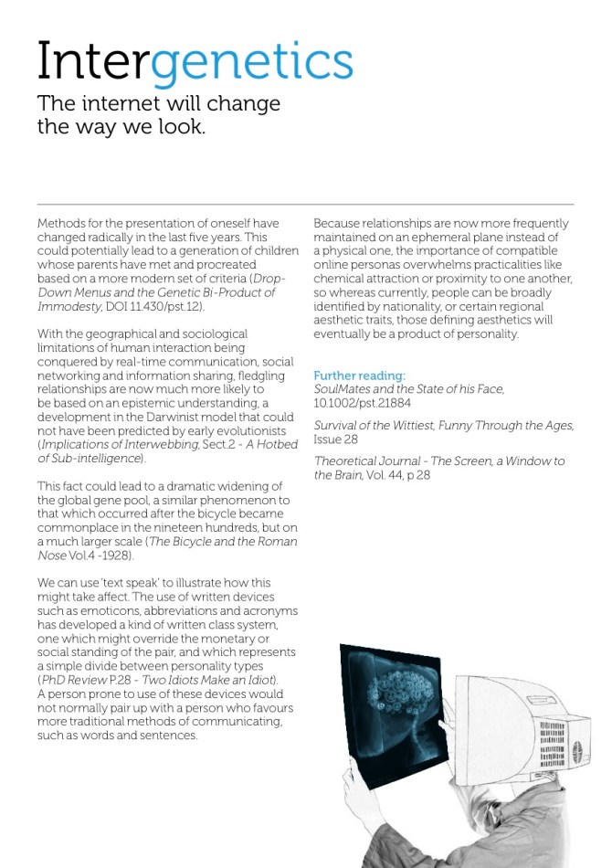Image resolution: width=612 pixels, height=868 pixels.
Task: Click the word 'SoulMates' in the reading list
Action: click(343, 389)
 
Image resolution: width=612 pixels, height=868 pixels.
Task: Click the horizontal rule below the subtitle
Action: click(305, 204)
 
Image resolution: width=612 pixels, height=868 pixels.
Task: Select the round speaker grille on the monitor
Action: click(575, 752)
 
